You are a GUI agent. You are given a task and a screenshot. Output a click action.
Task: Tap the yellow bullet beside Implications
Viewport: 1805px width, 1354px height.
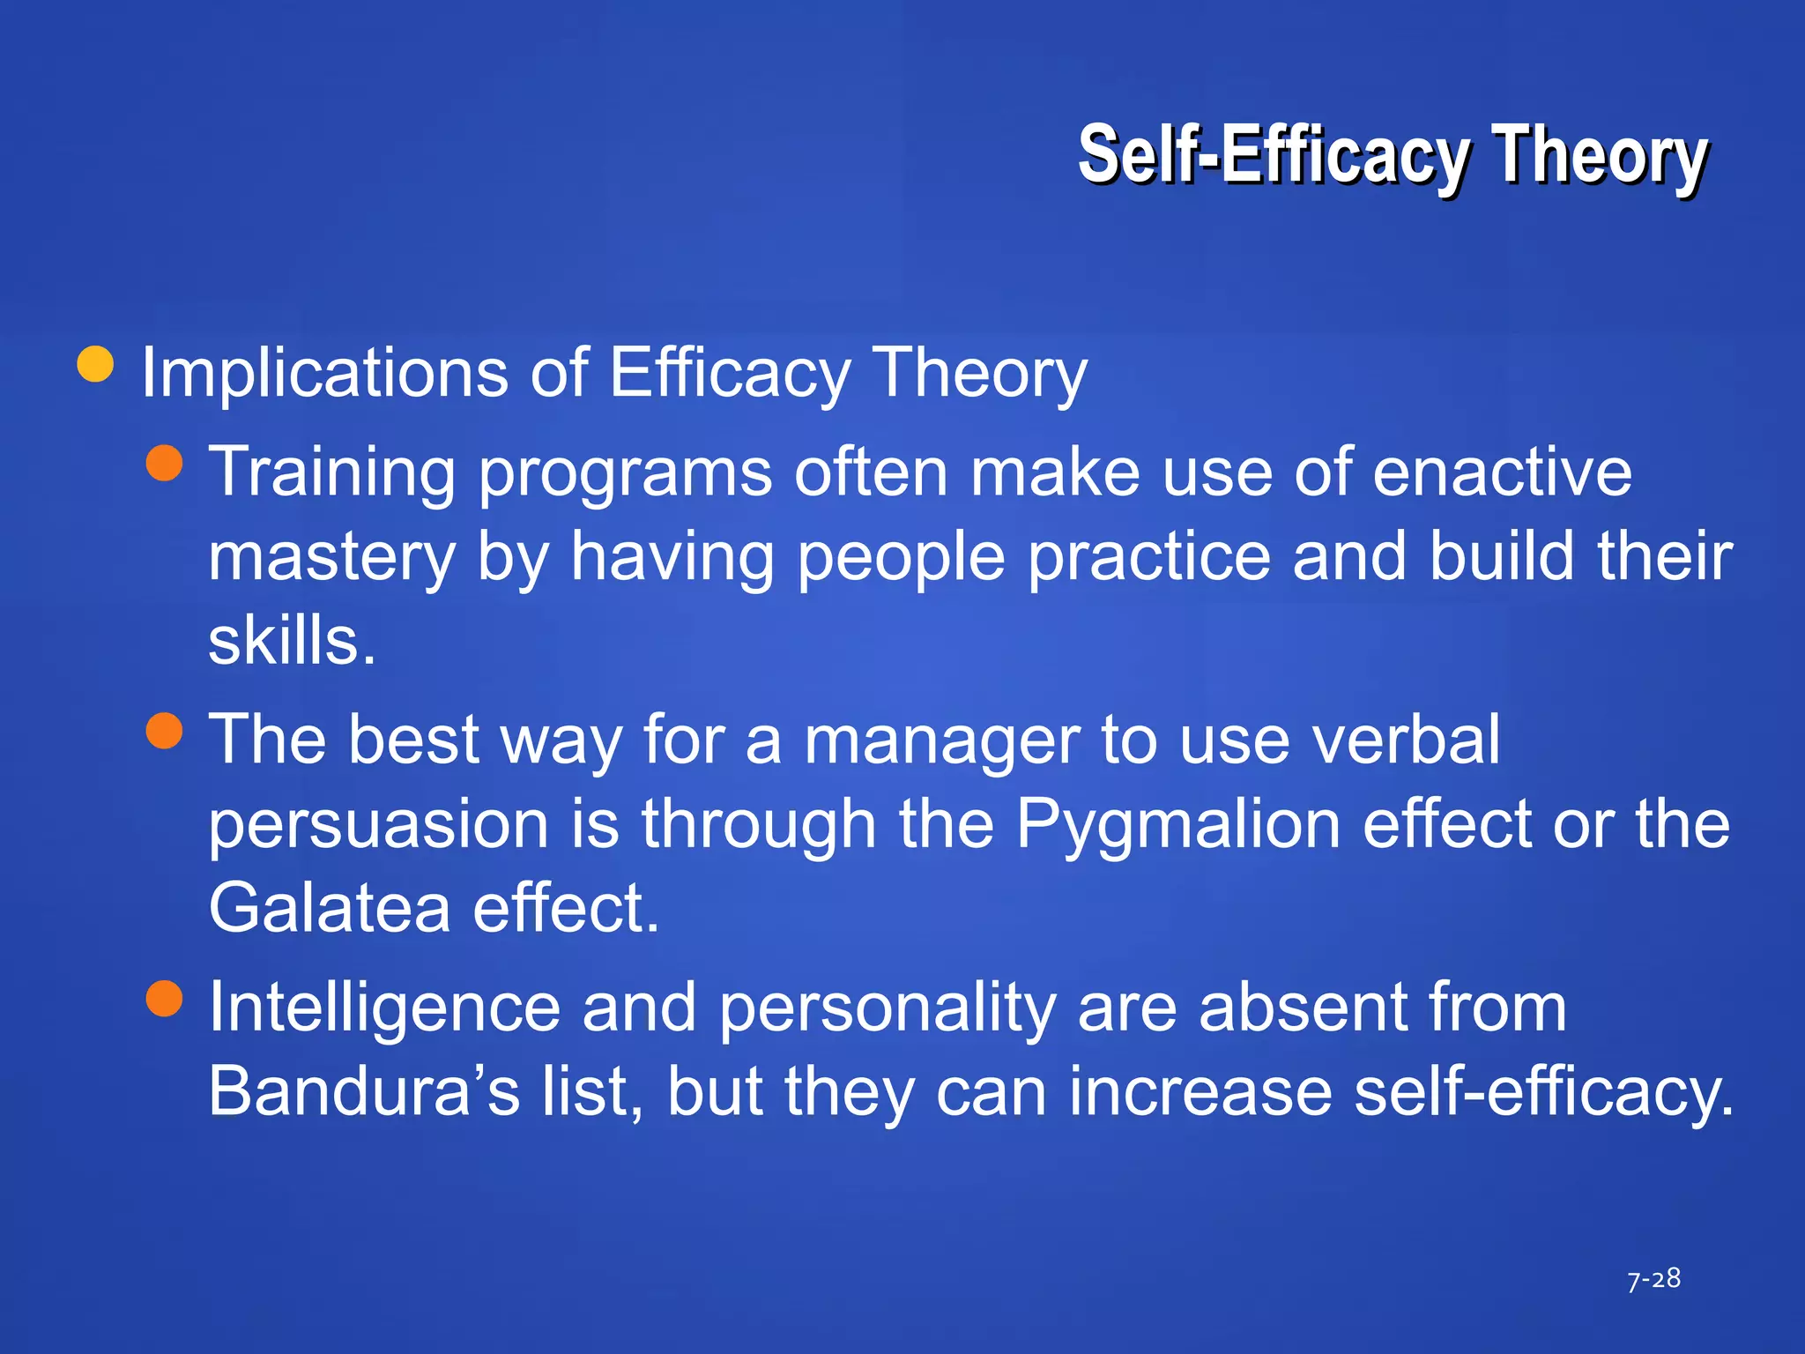click(95, 364)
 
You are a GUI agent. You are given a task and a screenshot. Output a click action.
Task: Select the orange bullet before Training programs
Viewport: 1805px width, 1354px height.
click(164, 463)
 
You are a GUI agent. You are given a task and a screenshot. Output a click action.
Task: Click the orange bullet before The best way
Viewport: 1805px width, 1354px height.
click(164, 730)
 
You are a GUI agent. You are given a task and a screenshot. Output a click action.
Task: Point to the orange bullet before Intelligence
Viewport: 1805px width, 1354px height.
click(164, 998)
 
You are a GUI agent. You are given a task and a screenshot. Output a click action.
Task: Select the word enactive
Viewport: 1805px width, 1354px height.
click(1502, 472)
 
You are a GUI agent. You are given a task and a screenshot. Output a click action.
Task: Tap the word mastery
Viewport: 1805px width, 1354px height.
click(331, 559)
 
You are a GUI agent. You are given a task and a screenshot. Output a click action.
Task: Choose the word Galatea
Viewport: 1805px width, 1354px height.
click(329, 908)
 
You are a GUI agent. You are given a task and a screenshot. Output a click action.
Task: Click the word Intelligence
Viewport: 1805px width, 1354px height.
click(384, 1008)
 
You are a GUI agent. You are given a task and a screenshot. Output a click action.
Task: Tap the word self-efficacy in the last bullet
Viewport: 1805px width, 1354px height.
click(1542, 1091)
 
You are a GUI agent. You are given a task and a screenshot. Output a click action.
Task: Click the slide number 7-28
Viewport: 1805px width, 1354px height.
click(1653, 1279)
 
